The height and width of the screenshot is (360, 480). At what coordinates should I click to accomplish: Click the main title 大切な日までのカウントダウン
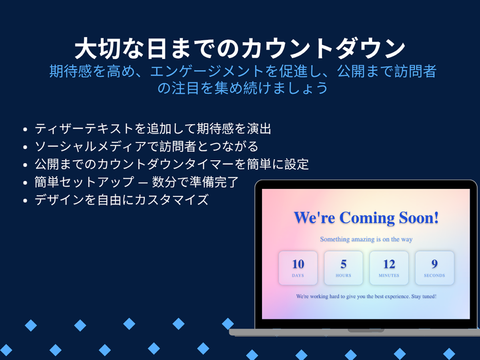pos(240,48)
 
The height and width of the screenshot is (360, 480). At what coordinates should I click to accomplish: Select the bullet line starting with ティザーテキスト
pos(153,128)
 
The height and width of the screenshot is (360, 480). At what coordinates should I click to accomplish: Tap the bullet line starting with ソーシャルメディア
pos(146,146)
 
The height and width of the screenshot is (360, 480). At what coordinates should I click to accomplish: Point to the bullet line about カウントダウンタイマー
pos(172,164)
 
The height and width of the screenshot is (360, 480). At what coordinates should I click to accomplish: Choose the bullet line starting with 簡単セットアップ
pos(136,182)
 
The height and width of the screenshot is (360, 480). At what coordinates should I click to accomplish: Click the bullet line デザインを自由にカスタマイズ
pos(122,200)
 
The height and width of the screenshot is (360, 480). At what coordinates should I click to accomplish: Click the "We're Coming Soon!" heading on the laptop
pos(366,218)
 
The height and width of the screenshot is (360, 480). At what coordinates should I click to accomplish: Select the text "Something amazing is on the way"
pos(366,239)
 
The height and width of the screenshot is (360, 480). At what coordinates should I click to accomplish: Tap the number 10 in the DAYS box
pos(298,264)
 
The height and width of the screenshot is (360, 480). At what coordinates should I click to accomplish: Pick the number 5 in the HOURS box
pos(344,264)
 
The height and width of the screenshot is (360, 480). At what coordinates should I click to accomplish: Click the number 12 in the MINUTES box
pos(389,264)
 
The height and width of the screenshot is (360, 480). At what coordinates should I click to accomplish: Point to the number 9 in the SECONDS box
pos(434,264)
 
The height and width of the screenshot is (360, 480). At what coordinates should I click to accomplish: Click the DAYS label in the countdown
pos(298,276)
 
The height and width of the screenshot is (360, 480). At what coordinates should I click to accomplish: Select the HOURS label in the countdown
pos(344,276)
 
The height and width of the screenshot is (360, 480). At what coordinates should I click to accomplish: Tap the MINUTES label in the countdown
pos(389,276)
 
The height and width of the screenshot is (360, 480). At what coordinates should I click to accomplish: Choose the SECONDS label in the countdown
pos(434,276)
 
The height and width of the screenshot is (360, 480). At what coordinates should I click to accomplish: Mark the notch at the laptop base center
pos(366,330)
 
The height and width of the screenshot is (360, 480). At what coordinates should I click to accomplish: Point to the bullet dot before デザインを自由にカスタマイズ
pos(25,200)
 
